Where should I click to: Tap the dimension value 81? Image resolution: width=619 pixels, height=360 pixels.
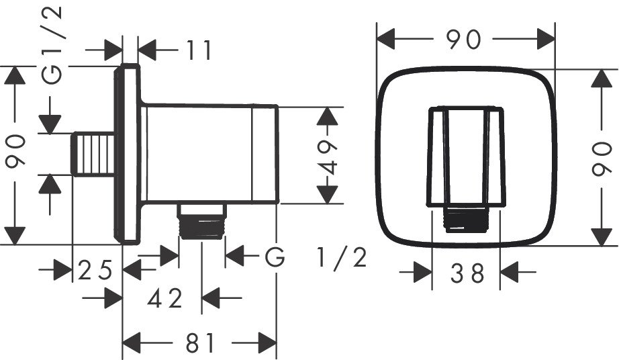click(199, 344)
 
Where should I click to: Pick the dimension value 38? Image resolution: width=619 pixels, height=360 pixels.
click(467, 273)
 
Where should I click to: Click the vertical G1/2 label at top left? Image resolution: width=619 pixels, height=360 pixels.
click(54, 44)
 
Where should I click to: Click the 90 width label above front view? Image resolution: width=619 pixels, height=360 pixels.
click(465, 40)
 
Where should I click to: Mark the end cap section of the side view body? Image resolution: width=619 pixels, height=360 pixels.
click(266, 154)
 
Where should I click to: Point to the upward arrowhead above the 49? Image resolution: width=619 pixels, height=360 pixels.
click(328, 118)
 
